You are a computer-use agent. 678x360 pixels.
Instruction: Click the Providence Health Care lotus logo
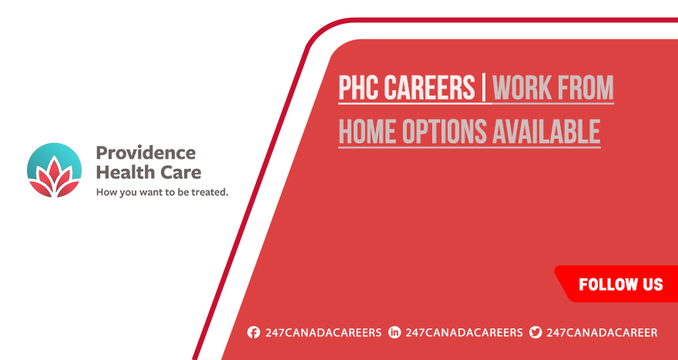pos(54,170)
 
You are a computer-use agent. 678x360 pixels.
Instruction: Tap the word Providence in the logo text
pos(146,153)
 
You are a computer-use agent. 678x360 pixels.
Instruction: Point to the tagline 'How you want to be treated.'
pos(162,192)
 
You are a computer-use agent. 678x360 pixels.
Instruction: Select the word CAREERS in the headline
pos(429,87)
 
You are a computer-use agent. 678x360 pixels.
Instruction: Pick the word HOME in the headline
pos(367,131)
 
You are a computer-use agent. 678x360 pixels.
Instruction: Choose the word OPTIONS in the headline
pos(442,131)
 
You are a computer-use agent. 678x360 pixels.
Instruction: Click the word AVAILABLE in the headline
pos(545,131)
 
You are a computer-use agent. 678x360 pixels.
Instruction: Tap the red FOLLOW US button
pos(616,284)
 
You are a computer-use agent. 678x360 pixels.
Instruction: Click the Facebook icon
pos(253,332)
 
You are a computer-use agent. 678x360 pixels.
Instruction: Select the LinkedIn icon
pos(394,332)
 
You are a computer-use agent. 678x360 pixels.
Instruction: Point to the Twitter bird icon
pos(535,332)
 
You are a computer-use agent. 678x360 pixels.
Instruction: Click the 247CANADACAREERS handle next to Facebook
pos(324,332)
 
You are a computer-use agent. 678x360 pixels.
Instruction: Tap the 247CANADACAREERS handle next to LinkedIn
pos(464,332)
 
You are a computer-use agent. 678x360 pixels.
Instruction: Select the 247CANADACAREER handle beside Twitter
pos(602,332)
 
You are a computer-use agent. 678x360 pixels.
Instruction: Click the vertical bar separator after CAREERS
pos(483,87)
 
